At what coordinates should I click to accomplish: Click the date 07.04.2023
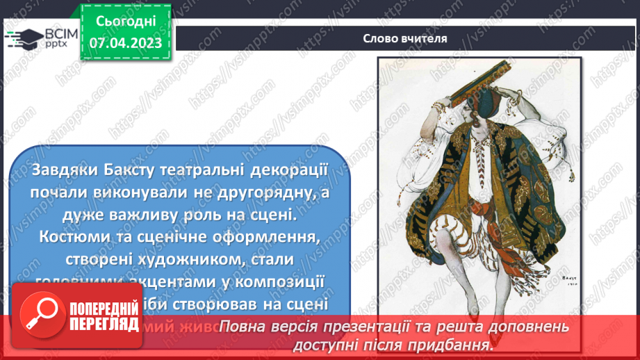(125, 42)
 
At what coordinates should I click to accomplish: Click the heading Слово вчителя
(404, 38)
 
